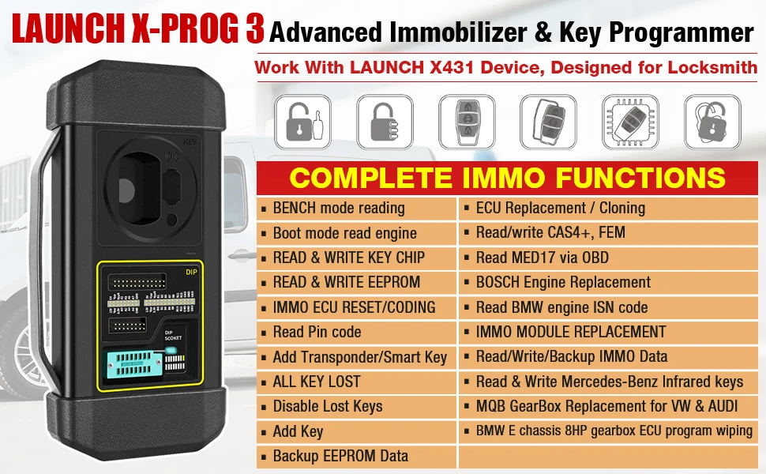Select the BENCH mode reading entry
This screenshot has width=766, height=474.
pyautogui.click(x=338, y=209)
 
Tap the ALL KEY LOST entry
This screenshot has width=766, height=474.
pyautogui.click(x=316, y=382)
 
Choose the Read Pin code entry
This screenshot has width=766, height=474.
pyautogui.click(x=317, y=332)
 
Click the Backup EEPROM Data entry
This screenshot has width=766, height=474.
pyautogui.click(x=340, y=456)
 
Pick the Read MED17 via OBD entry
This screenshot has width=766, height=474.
pyautogui.click(x=542, y=258)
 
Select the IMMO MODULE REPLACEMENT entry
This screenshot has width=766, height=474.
pyautogui.click(x=570, y=332)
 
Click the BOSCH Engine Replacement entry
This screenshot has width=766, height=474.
pyautogui.click(x=563, y=282)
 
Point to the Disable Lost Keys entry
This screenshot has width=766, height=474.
pyautogui.click(x=327, y=406)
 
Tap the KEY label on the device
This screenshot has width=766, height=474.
pyautogui.click(x=189, y=143)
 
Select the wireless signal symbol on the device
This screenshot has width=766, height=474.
pyautogui.click(x=169, y=156)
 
